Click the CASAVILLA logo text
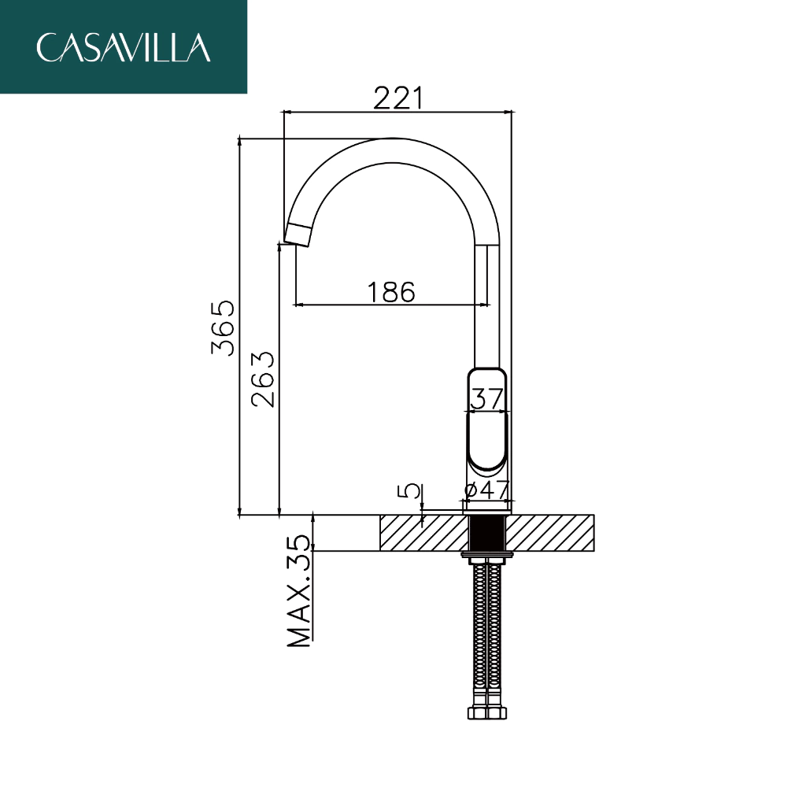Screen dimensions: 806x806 point(124,48)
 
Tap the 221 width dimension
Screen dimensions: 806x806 point(398,98)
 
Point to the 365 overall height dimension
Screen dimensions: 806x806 point(223,327)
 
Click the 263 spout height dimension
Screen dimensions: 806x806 point(263,379)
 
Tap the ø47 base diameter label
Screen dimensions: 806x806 point(486,490)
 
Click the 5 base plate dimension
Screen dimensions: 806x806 point(409,491)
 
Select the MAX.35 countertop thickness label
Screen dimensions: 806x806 point(299,591)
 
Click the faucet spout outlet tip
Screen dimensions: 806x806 point(298,235)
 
